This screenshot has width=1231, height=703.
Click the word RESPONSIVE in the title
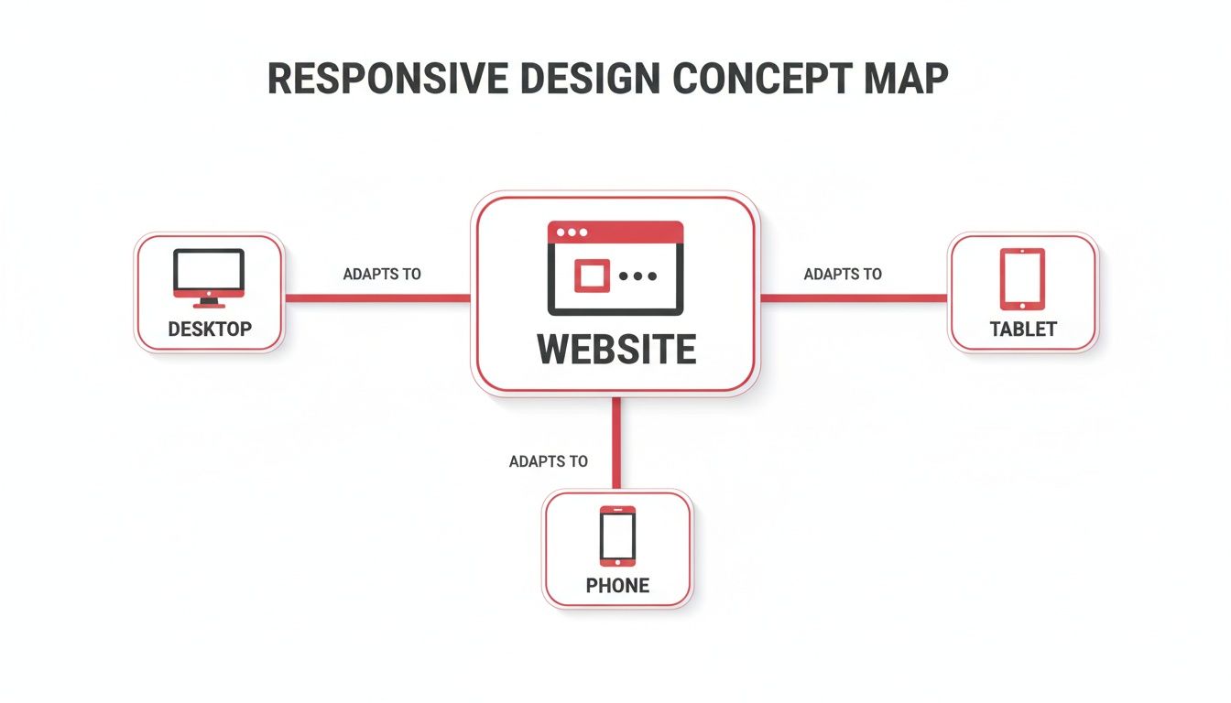[387, 80]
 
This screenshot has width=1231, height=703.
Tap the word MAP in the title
[905, 80]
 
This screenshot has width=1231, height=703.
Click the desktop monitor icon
[209, 276]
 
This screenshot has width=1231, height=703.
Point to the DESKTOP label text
[210, 329]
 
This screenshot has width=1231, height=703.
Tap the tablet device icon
[1022, 278]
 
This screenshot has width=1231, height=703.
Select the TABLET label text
[1023, 329]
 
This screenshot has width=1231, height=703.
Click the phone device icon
[617, 535]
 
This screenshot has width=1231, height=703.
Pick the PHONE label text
[617, 586]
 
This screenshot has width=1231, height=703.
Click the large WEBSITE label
[615, 350]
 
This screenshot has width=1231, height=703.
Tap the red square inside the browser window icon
[592, 275]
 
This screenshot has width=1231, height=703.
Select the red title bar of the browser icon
[615, 232]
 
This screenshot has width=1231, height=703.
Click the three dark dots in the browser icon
[637, 276]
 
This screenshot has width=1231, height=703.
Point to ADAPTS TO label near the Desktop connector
[382, 274]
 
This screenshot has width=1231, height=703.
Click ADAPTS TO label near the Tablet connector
[843, 274]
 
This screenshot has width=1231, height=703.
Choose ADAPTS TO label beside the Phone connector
[548, 461]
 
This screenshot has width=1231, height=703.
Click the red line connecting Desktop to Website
[377, 297]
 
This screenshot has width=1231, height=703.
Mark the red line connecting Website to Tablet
[854, 297]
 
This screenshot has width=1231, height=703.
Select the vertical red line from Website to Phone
[616, 444]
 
